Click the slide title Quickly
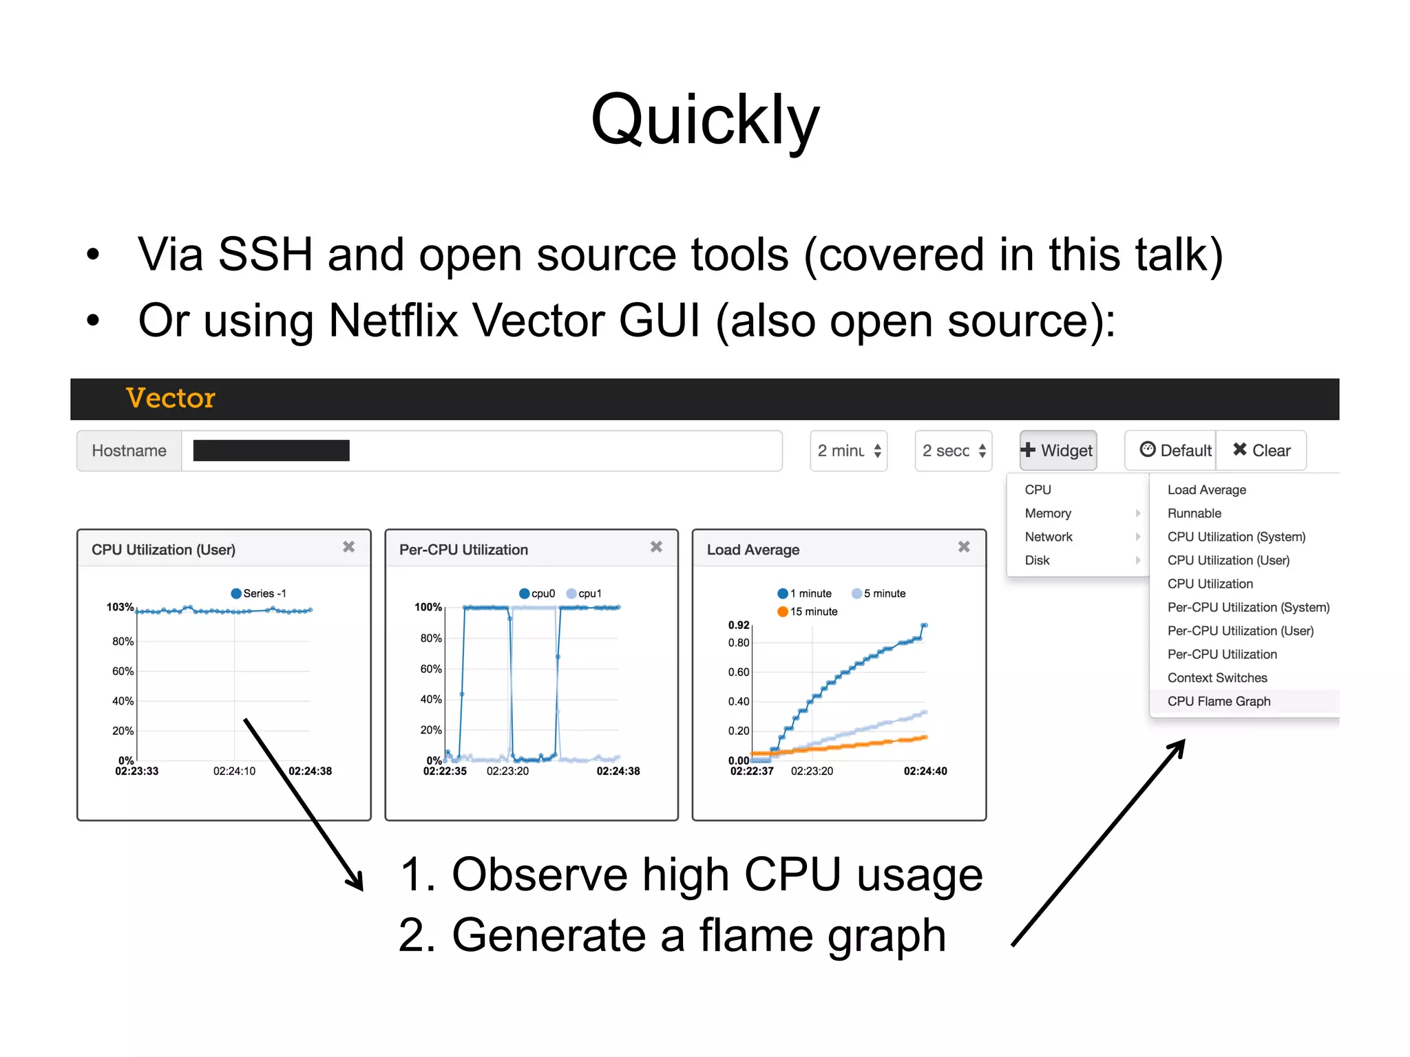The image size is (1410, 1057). click(x=705, y=120)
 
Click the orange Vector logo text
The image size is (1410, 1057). click(x=171, y=398)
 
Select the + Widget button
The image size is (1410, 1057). click(x=1058, y=451)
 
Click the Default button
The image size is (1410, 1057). click(x=1177, y=451)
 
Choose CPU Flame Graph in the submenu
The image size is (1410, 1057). click(x=1219, y=701)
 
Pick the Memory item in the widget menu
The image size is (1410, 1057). click(x=1048, y=513)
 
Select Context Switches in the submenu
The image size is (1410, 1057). click(x=1217, y=678)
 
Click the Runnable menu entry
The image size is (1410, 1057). click(x=1194, y=513)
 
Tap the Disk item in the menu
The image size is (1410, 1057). click(x=1037, y=560)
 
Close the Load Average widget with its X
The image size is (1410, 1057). click(x=964, y=547)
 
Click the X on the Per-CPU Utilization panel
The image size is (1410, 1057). click(x=656, y=547)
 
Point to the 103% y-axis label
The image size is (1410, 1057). click(x=120, y=607)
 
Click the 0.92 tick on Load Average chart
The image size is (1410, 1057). click(x=738, y=625)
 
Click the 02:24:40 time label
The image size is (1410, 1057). click(x=925, y=771)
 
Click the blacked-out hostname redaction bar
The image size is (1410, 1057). click(x=271, y=451)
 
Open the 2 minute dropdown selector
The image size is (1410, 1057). click(x=848, y=451)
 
